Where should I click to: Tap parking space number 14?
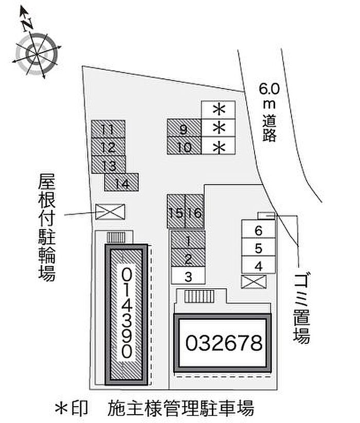pos(121,182)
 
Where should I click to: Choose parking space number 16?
pos(195,211)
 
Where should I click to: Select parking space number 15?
pos(176,211)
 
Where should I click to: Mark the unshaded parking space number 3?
pos(188,276)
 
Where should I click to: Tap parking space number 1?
pos(188,240)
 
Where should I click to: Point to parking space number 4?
pos(259,266)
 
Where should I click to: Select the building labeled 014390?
pos(127,313)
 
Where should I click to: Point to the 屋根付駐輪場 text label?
pos(47,228)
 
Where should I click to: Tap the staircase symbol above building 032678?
pos(199,297)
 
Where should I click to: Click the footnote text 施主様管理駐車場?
pos(181,409)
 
